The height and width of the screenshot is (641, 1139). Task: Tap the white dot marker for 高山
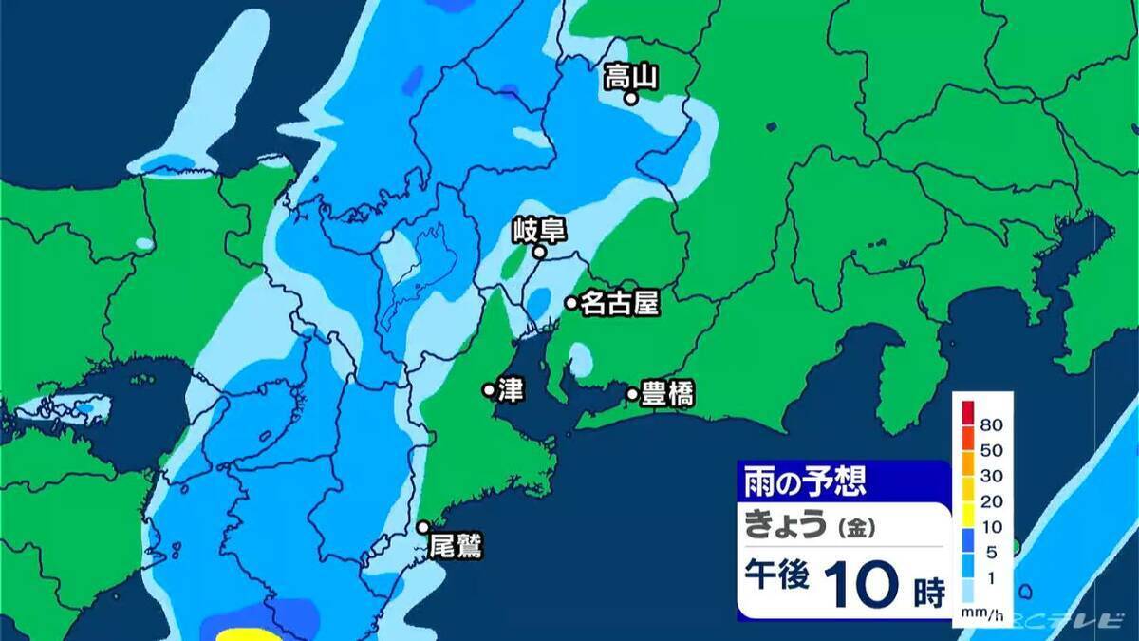[x=629, y=97]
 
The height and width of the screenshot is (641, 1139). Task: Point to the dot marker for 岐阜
[x=538, y=253]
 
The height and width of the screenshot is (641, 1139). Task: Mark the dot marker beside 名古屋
[x=571, y=303]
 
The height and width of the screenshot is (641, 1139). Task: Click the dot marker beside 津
[x=489, y=389]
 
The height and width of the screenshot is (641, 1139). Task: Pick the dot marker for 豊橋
[x=632, y=393]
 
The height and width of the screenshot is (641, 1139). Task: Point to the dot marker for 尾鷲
[x=423, y=527]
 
